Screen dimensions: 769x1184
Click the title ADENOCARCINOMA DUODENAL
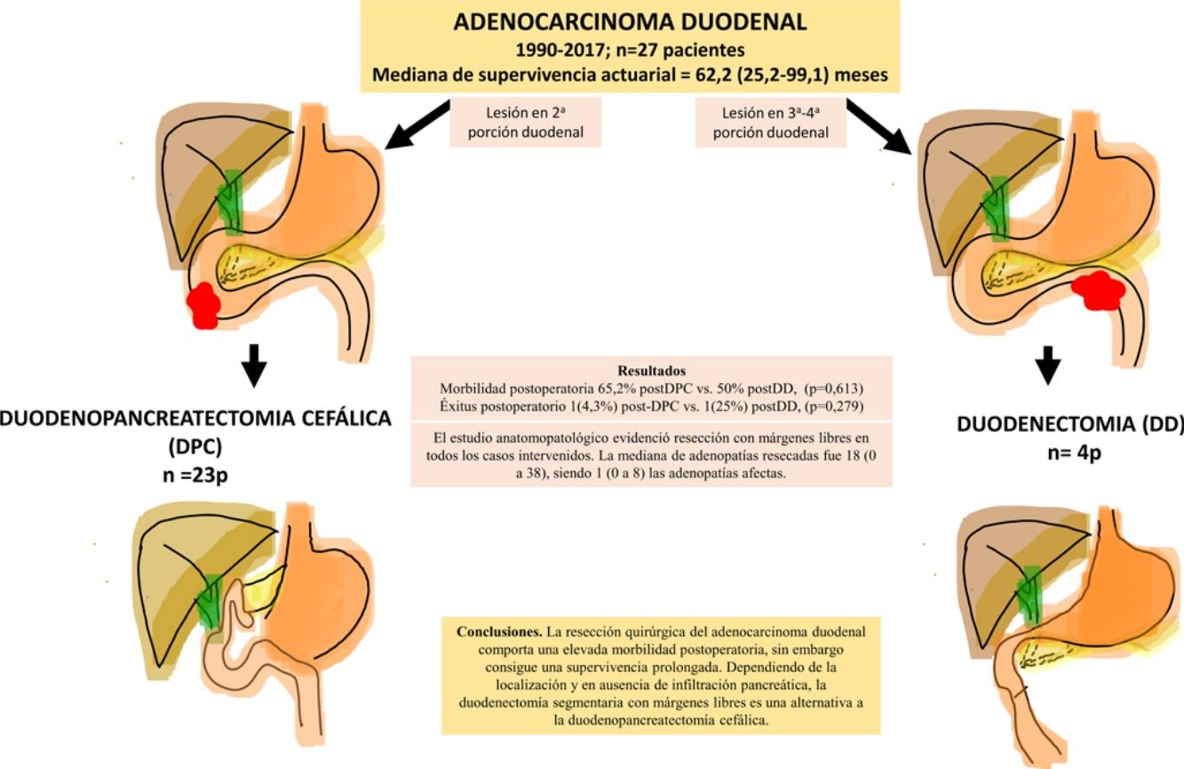coord(630,22)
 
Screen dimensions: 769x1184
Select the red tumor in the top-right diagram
coord(1098,290)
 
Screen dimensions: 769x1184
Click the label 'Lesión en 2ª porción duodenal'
coord(526,123)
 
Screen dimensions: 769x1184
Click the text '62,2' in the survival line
coord(696,76)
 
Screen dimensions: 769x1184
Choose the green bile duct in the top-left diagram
coord(233,200)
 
